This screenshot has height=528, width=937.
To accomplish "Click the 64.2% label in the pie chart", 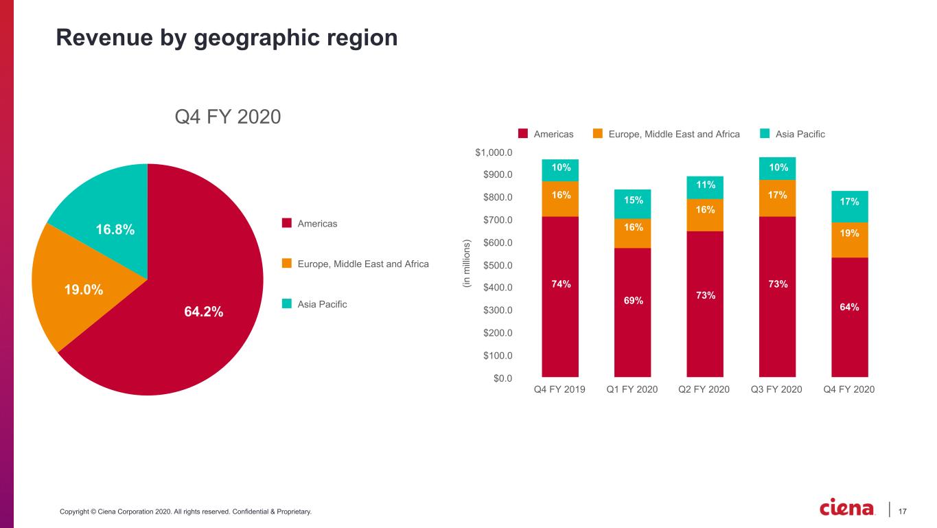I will click(x=203, y=312).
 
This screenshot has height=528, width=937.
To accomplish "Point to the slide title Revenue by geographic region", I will click(x=227, y=38).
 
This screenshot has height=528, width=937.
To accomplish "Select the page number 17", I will click(x=903, y=511).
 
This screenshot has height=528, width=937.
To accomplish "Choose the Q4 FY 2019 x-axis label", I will click(x=560, y=389).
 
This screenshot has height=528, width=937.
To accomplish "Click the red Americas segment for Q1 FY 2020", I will click(x=633, y=312).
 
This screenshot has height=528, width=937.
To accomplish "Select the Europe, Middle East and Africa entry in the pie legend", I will click(x=363, y=264).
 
